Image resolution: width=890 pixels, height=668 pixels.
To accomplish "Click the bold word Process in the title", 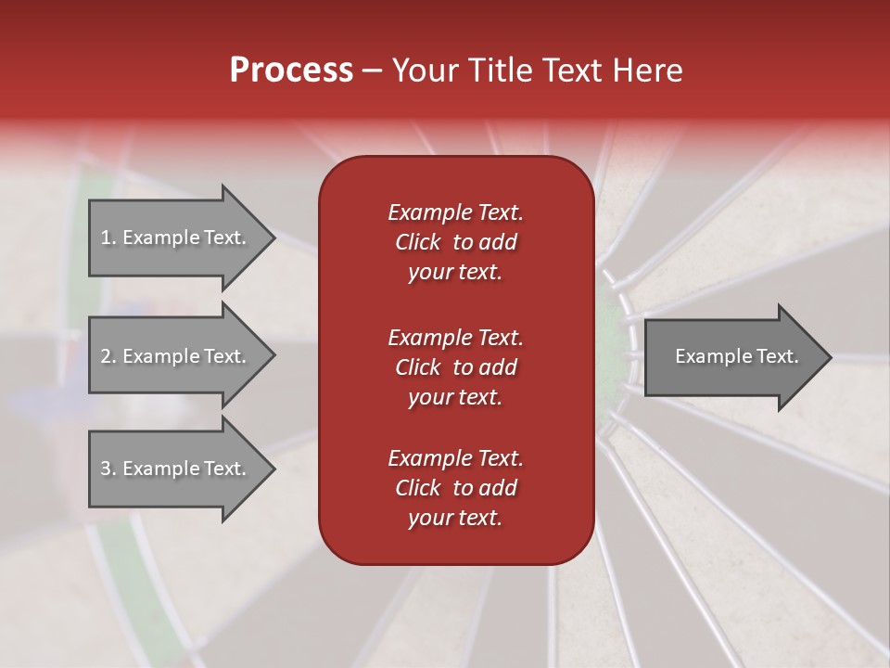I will (x=291, y=71).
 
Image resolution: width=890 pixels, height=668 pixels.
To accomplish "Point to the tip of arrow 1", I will (x=273, y=238).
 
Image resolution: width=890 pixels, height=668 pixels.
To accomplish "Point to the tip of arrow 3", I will (x=273, y=469).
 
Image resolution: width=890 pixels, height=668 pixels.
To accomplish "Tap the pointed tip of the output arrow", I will (x=829, y=357).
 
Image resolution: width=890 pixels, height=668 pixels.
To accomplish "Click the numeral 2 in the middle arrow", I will (x=106, y=356).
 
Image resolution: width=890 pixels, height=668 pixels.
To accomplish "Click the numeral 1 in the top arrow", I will (x=105, y=238).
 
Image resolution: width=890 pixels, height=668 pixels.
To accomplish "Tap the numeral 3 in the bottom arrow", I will (x=106, y=469).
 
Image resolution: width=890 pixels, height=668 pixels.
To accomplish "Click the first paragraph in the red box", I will (x=455, y=242).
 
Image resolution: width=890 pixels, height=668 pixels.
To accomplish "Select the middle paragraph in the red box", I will (x=455, y=366).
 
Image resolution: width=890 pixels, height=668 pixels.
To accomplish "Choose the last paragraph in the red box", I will (x=455, y=488).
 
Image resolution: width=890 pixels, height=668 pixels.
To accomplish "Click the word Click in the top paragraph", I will (x=417, y=242).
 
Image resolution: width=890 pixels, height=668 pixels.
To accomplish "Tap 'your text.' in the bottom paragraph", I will (x=455, y=519).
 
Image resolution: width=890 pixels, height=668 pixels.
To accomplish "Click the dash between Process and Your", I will (x=372, y=71).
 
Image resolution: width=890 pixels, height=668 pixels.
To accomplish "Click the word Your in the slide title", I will (x=425, y=71).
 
